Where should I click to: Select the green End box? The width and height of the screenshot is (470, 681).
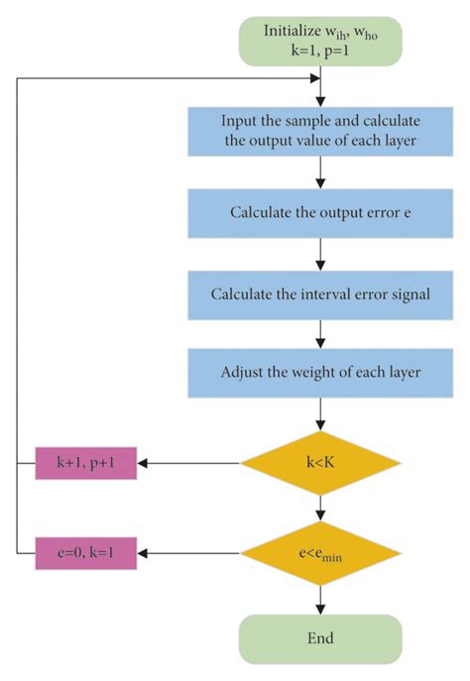coord(319,637)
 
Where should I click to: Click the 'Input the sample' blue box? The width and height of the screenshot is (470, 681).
coord(319,130)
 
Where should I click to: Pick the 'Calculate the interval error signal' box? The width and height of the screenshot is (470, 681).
coord(319,294)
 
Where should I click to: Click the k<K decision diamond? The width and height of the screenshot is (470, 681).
coord(319,462)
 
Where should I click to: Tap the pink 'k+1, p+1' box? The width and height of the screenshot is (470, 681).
coord(85,462)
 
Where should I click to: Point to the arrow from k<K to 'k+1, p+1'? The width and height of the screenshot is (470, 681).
coord(188,462)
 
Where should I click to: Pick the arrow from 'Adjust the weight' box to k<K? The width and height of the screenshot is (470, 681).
coord(319,415)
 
